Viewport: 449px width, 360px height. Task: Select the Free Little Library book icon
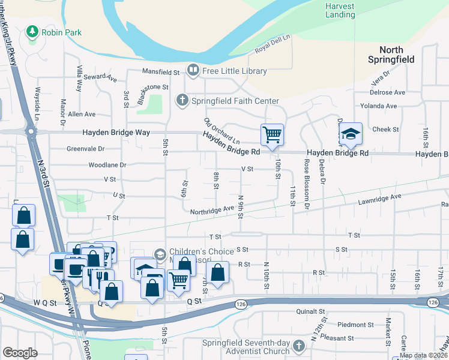click(193, 71)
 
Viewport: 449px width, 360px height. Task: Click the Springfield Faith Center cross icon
click(182, 100)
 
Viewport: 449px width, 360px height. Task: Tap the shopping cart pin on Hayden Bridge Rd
click(272, 134)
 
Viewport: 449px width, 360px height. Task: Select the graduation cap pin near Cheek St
click(351, 134)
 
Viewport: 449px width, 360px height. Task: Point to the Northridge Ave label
click(212, 210)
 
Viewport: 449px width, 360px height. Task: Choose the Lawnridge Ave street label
click(379, 197)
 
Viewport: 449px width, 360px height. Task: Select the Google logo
click(20, 353)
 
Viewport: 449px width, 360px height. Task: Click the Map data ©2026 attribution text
click(424, 355)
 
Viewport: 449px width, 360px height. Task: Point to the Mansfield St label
click(161, 72)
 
